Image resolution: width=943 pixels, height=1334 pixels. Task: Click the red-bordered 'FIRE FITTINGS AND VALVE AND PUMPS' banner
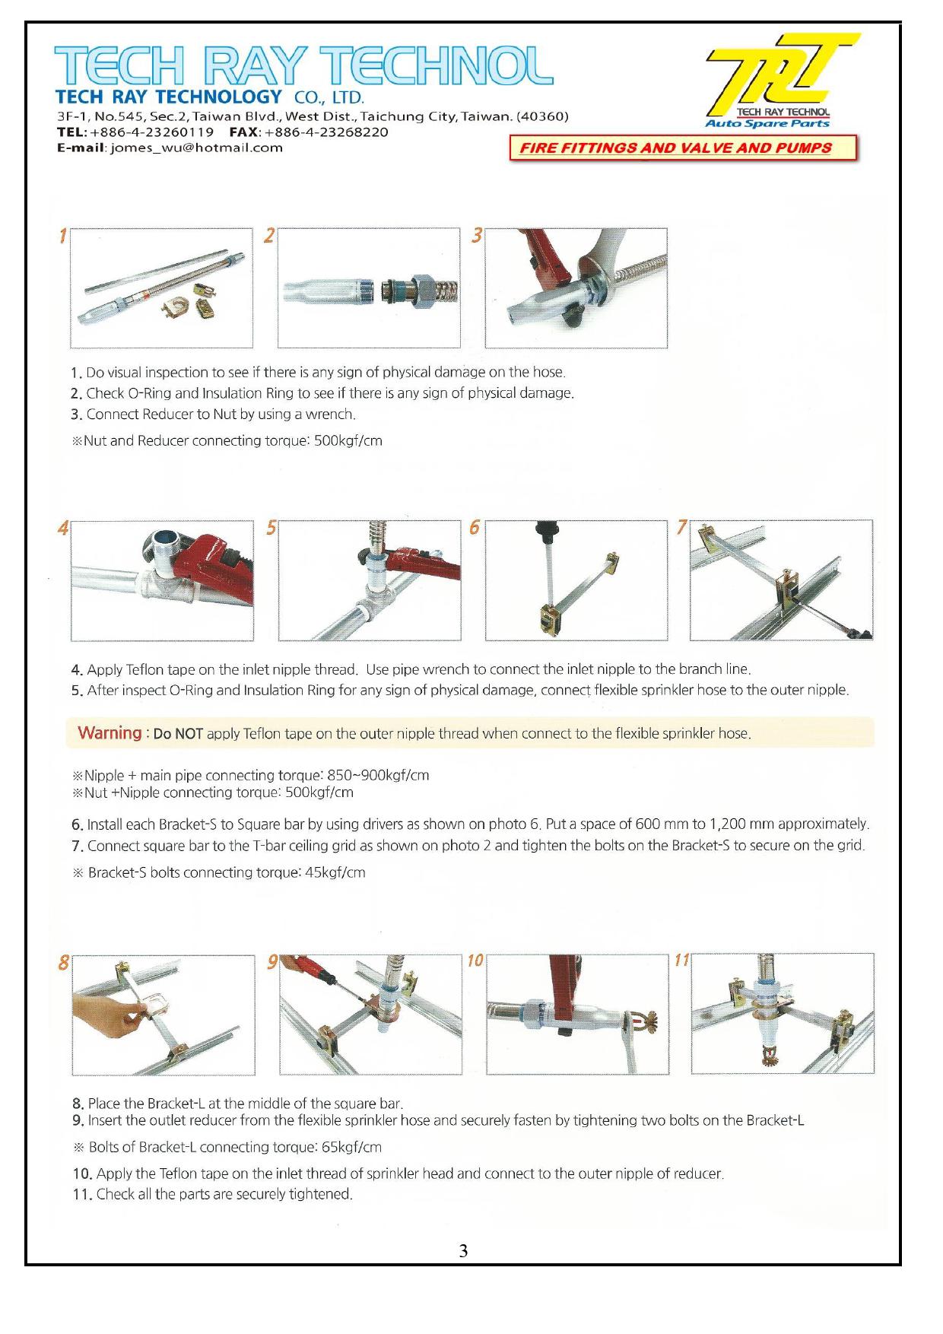coord(684,148)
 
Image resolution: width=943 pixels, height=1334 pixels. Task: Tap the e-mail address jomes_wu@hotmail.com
coord(197,148)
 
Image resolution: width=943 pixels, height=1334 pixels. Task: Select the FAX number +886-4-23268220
coord(326,132)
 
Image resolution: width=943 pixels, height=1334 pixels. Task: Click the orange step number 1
coord(63,237)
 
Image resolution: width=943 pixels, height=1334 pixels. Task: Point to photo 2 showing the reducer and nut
coord(369,288)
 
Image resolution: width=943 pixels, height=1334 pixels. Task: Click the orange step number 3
coord(477,237)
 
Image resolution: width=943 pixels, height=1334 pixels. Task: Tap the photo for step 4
coord(162,580)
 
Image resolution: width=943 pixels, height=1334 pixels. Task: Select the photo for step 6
coord(576,580)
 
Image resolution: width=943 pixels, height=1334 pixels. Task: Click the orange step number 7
coord(681,527)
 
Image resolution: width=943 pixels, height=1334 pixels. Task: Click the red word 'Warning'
coord(110,733)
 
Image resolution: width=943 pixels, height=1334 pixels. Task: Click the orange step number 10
coord(475,961)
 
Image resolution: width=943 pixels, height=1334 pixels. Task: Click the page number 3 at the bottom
coord(463,1250)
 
